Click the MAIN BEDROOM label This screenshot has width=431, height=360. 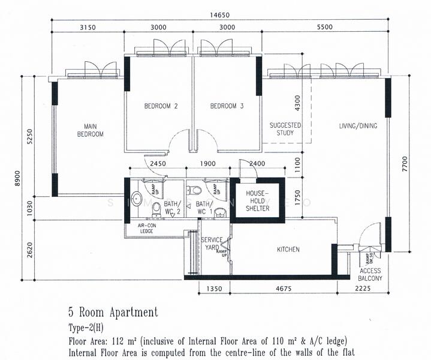90,130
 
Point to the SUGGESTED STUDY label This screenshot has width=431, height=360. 285,129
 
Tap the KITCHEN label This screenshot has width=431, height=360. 288,250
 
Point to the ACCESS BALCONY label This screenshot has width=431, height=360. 370,275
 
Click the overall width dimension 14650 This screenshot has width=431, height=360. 219,16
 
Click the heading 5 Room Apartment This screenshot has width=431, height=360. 113,312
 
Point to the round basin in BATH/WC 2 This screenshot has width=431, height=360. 135,199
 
